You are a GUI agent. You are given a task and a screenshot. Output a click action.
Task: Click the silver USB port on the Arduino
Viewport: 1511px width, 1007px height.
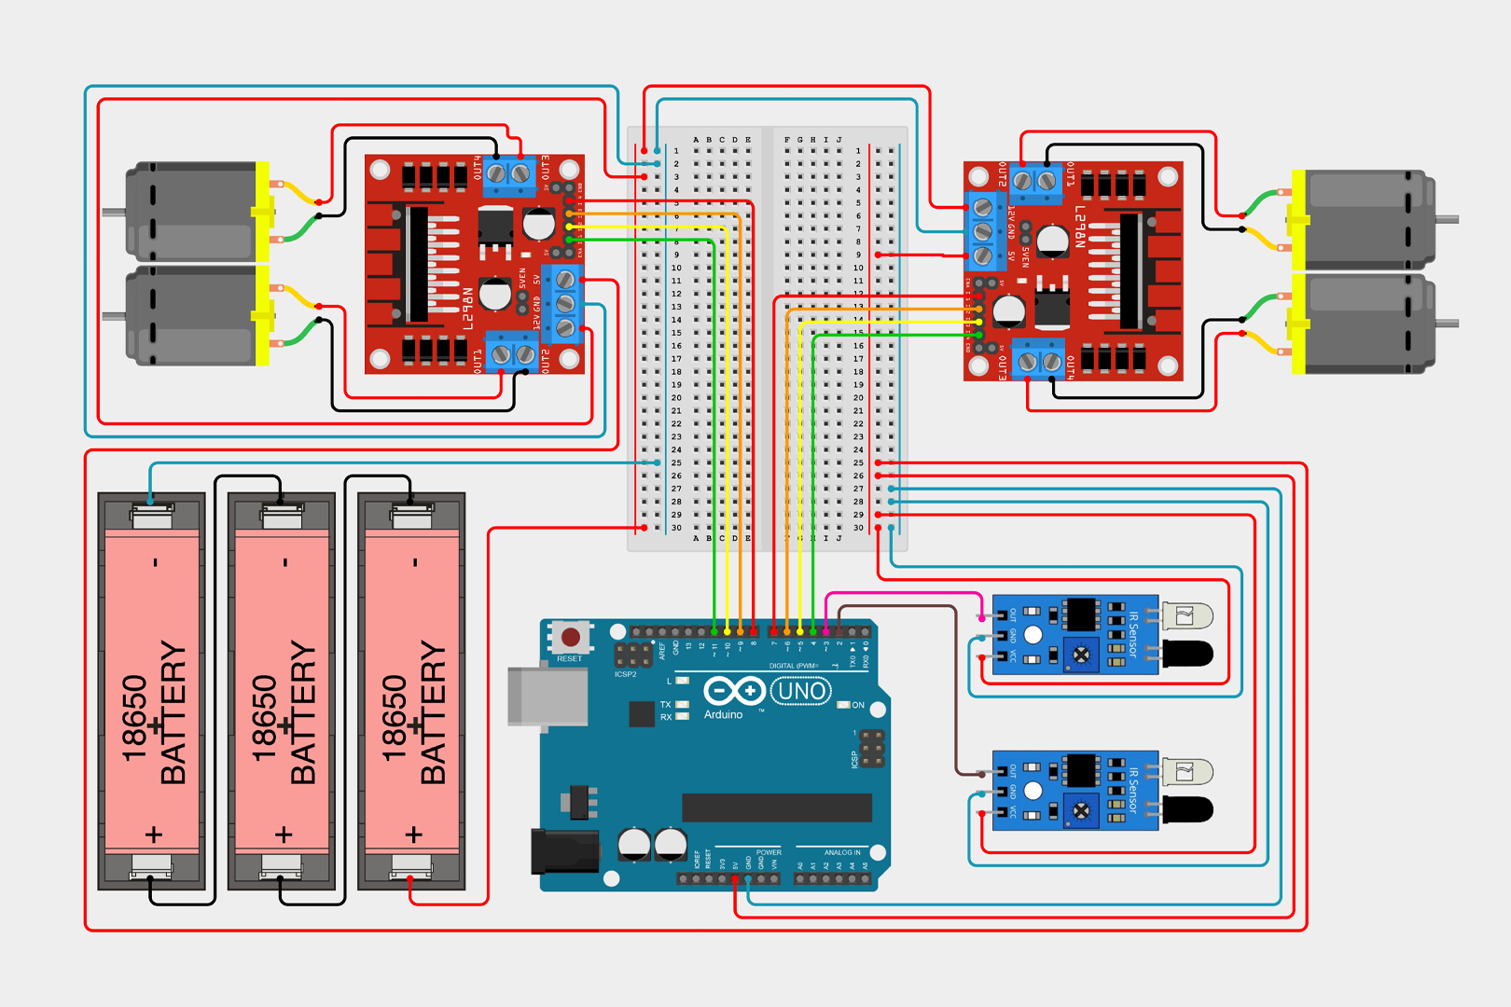point(548,696)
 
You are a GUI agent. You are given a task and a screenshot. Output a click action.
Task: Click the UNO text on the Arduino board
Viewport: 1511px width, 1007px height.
point(801,691)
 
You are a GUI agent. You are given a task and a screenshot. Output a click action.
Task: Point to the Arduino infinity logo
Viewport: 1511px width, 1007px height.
point(734,691)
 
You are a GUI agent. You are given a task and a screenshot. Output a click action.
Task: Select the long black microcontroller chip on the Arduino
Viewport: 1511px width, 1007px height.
point(776,807)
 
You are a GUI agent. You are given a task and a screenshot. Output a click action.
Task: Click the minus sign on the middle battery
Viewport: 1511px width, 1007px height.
point(285,562)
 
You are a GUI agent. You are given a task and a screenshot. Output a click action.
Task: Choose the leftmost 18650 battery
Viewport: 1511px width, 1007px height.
point(152,690)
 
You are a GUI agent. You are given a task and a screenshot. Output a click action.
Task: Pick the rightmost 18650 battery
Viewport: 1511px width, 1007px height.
point(412,690)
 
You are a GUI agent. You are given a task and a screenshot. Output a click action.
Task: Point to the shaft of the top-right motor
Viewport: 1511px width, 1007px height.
point(1447,220)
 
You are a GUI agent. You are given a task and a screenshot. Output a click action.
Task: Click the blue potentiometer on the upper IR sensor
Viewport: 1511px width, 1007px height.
point(1081,655)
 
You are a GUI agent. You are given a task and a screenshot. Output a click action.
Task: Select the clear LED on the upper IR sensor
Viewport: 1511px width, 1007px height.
point(1186,615)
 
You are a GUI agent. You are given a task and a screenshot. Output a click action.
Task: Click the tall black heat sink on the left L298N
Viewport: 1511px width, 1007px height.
point(417,265)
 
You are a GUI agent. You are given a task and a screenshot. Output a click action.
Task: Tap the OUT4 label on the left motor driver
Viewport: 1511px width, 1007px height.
point(478,168)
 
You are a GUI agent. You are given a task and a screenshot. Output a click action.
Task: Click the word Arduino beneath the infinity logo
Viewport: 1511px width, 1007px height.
point(723,714)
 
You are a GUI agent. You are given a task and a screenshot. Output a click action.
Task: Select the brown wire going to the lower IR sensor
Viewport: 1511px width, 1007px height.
point(954,690)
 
